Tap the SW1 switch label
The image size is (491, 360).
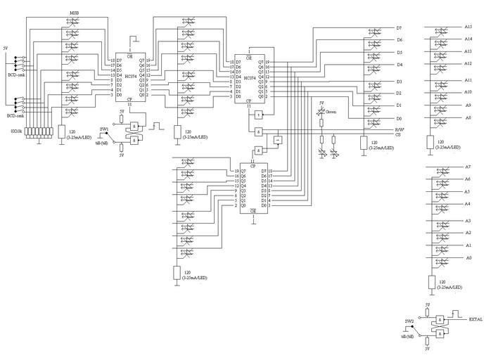coord(103,130)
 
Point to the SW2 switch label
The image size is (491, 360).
coord(409,321)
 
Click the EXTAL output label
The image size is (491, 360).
coord(476,319)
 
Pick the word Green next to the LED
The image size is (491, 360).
coord(331,111)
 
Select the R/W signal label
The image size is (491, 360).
coord(399,129)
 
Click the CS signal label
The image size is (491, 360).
coord(398,134)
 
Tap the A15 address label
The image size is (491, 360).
coord(468,27)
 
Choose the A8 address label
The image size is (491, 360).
coord(468,118)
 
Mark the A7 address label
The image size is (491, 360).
coord(468,167)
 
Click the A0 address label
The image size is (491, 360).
coord(468,258)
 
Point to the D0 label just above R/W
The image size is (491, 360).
coord(399,118)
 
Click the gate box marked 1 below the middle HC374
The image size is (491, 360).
coord(260,115)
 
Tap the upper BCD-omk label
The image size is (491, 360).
coord(15,75)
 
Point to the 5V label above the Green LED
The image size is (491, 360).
coord(322,103)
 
